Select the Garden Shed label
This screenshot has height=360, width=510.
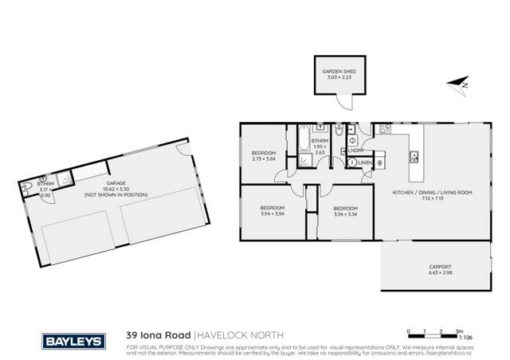coord(338,72)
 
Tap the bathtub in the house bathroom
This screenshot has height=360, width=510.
coord(304,139)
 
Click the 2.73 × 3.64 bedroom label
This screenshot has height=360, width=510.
coord(264,155)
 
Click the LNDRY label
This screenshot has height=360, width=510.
coord(357,149)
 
